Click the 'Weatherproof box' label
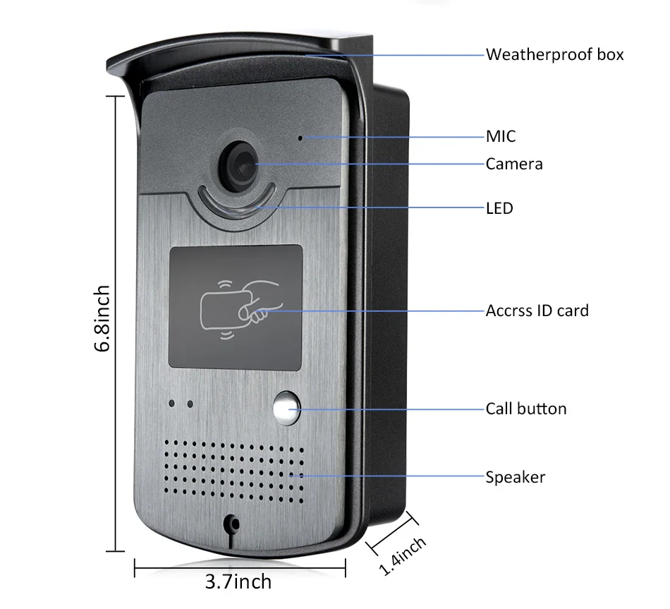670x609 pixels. (x=554, y=54)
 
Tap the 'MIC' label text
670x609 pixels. (x=501, y=136)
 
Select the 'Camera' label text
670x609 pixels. (x=514, y=164)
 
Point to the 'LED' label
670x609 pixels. (x=499, y=208)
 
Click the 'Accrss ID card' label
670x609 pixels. (x=537, y=310)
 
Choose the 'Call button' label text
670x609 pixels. (x=525, y=409)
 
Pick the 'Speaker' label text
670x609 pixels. (x=515, y=477)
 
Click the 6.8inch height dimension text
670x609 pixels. (x=103, y=319)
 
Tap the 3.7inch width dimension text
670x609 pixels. (x=238, y=581)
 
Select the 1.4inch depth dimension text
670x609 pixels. (x=403, y=555)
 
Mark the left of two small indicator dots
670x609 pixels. (x=171, y=404)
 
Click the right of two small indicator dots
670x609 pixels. (x=189, y=404)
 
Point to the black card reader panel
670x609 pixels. (x=235, y=306)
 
